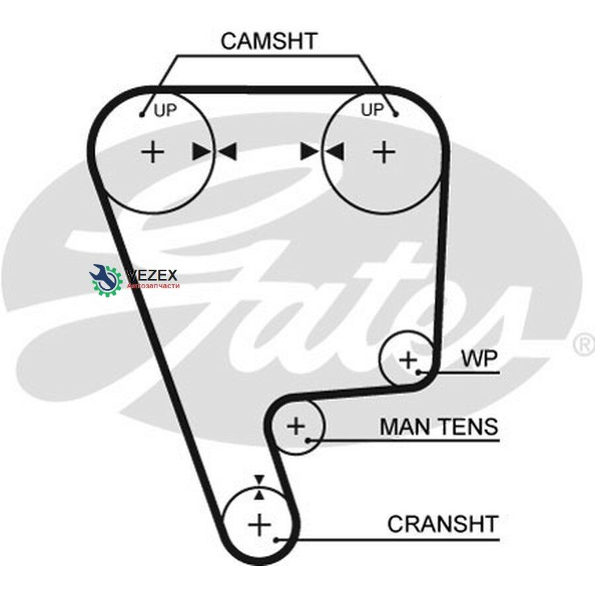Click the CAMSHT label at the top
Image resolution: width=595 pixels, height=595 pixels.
coord(268,41)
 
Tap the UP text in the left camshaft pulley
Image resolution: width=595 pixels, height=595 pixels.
coord(165,110)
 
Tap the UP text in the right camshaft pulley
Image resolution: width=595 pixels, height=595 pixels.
coord(372,110)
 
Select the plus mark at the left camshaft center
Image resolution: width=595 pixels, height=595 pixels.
coord(153,152)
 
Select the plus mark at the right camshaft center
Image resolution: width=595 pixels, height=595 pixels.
coord(384,152)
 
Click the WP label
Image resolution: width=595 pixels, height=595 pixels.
coord(479,358)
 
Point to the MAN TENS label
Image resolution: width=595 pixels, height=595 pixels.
coord(439,426)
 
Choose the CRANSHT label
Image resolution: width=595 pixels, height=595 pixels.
coord(443,524)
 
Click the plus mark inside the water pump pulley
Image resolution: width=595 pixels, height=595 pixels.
coord(409,359)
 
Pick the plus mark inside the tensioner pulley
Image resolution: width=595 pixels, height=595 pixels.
coord(296,426)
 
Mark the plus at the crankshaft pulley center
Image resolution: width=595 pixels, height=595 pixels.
coord(260,525)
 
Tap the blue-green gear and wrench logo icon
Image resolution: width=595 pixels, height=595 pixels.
coord(106,279)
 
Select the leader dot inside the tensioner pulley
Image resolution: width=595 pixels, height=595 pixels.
coord(309,440)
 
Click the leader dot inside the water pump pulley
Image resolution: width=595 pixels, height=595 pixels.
coord(418,373)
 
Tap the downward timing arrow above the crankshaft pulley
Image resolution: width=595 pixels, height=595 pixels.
coord(259,480)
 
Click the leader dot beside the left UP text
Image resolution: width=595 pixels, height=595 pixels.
coord(142,114)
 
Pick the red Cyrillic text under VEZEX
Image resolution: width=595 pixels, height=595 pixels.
coord(153,286)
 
